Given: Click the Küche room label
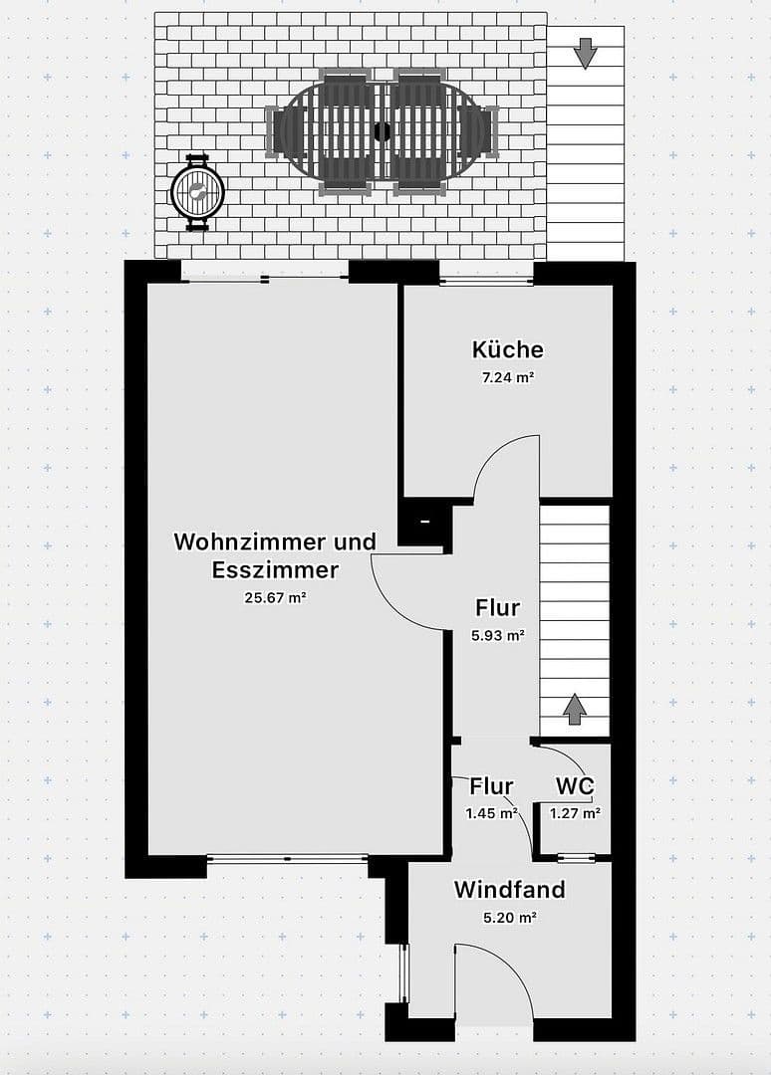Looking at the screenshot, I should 508,349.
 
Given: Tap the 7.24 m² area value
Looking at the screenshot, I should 508,377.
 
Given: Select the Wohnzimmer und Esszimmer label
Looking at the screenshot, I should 275,555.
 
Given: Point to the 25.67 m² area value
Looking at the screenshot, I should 275,598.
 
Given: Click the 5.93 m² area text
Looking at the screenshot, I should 497,634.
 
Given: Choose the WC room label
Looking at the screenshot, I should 575,786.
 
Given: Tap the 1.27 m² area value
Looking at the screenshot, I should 575,813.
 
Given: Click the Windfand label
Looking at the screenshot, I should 509,889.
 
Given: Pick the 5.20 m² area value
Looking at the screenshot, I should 509,918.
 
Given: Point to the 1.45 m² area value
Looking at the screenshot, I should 491,813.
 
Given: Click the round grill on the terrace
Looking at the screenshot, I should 198,193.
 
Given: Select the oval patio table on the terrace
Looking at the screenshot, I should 382,131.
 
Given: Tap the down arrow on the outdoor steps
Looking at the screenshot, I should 585,53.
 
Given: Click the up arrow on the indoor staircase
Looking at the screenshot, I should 574,710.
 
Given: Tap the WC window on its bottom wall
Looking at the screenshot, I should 576,857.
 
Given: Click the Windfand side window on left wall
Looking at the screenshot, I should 404,973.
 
